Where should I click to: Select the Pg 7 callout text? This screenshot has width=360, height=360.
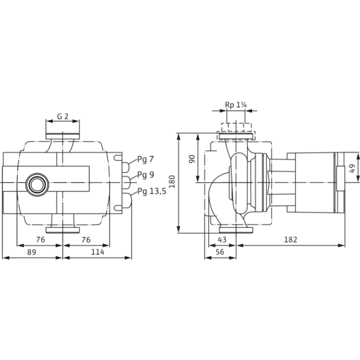click(x=145, y=160)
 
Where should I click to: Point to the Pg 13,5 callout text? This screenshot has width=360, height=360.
click(x=151, y=191)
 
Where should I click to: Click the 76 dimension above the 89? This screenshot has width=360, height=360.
click(x=40, y=239)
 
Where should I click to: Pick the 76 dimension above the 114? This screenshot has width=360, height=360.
click(x=86, y=239)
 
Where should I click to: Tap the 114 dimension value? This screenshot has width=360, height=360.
click(x=97, y=253)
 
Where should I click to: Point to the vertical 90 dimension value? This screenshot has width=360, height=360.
click(x=193, y=158)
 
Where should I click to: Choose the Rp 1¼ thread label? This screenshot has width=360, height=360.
click(x=236, y=104)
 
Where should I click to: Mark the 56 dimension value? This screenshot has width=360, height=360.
click(x=220, y=253)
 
